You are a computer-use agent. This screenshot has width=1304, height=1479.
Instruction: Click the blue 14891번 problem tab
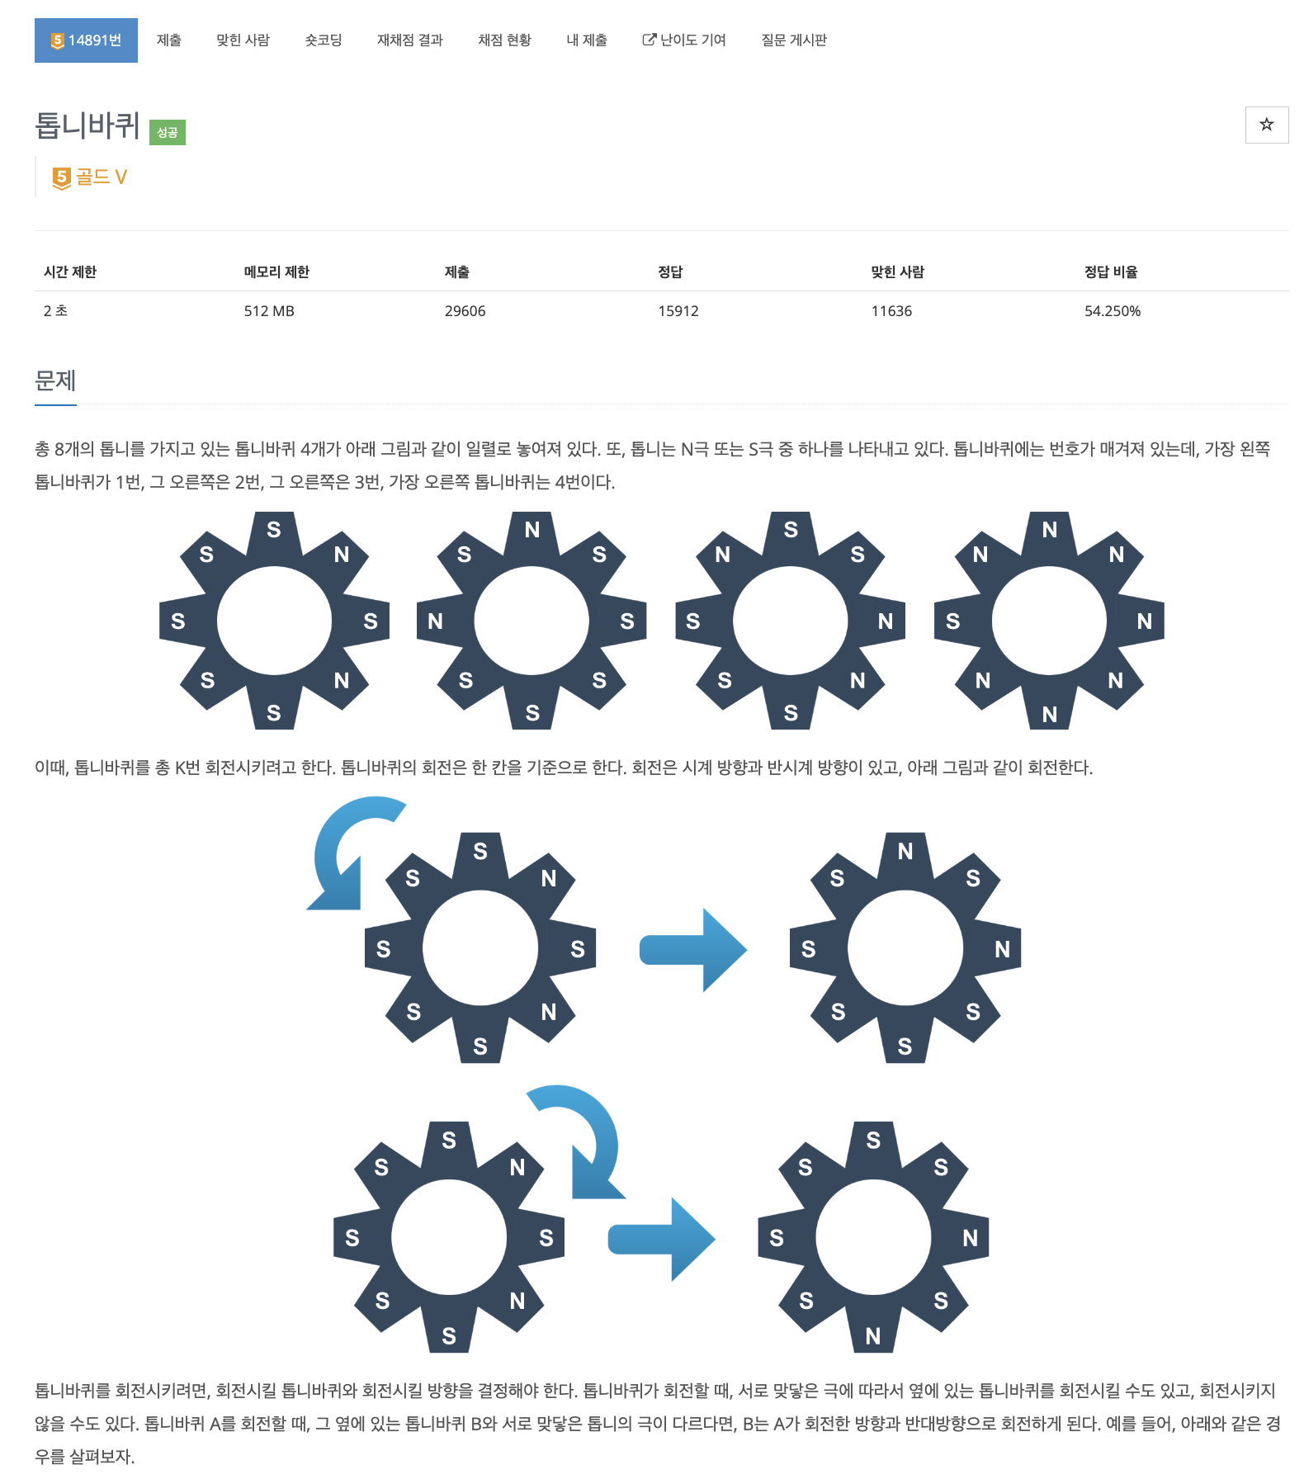click(86, 40)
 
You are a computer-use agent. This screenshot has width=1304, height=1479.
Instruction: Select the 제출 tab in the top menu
click(169, 40)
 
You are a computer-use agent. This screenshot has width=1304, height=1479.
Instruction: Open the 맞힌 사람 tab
click(243, 40)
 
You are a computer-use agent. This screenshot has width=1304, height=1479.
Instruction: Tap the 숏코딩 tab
click(324, 40)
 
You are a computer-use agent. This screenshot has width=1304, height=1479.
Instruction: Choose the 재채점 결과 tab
click(410, 40)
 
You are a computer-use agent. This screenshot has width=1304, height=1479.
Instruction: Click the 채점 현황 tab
click(504, 40)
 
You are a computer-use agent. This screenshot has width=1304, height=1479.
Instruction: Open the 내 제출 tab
click(587, 40)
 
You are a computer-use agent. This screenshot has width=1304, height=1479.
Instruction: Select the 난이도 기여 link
click(684, 40)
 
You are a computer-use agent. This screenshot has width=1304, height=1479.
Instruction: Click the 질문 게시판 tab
click(794, 40)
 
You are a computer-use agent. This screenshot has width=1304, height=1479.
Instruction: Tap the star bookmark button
click(1266, 125)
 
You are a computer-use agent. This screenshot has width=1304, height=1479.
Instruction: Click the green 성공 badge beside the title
click(168, 132)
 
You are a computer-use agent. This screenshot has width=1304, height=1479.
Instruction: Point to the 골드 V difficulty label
click(91, 177)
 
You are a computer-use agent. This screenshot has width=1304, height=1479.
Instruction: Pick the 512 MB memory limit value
click(269, 311)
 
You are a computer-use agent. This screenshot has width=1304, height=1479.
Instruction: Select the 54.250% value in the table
click(1112, 311)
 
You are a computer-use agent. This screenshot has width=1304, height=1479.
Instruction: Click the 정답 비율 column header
click(1111, 272)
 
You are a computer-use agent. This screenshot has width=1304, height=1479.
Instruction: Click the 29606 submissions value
click(465, 311)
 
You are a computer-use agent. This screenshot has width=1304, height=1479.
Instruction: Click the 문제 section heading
click(55, 380)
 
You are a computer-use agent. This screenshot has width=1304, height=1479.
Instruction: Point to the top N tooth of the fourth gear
click(1049, 530)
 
